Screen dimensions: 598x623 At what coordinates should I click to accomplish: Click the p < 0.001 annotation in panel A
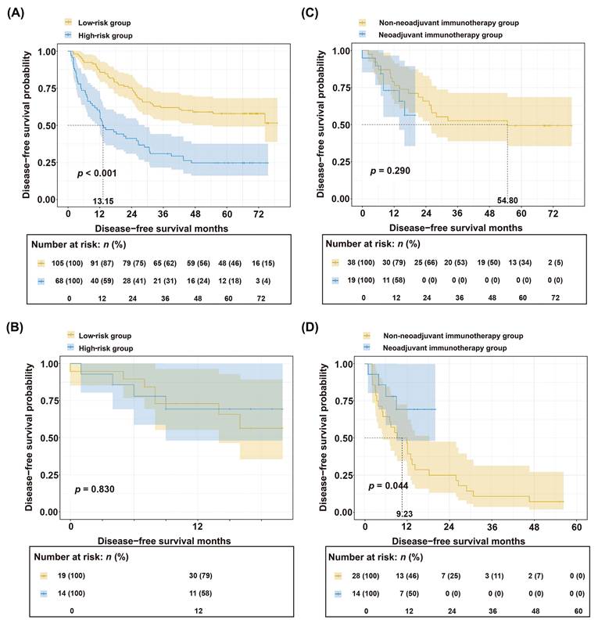(97, 173)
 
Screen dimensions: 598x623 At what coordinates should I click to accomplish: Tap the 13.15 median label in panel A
(103, 201)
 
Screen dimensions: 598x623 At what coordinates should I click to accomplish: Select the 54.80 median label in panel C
(507, 200)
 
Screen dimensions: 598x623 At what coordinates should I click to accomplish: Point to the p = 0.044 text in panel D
(388, 485)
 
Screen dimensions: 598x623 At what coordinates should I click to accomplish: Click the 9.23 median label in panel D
(404, 513)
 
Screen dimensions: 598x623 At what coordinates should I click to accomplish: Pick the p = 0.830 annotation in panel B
(95, 489)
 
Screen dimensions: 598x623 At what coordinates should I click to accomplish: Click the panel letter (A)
(16, 13)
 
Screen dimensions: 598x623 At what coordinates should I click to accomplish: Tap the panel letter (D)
(310, 328)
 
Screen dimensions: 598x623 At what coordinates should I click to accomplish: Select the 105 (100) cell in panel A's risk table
(67, 263)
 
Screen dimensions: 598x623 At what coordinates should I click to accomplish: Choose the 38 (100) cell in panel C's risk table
(360, 262)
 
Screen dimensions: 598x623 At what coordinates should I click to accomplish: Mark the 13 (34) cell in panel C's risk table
(520, 262)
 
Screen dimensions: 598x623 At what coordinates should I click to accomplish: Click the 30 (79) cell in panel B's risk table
(200, 575)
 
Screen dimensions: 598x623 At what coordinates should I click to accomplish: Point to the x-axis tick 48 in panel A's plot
(195, 214)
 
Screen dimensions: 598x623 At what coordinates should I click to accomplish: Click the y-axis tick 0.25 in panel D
(343, 475)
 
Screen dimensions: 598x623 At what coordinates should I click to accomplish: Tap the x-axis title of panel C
(456, 228)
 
